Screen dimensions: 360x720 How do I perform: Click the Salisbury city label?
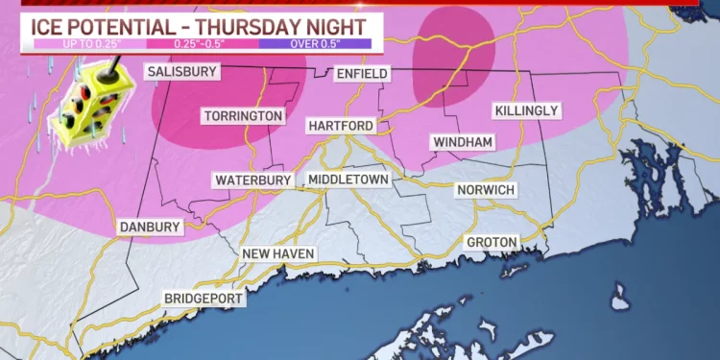tap(181, 71)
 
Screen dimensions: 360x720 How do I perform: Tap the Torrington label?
tap(243, 116)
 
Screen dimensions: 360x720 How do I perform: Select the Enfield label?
tap(362, 74)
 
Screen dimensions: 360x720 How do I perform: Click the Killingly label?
tap(526, 111)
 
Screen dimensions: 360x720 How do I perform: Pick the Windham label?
tap(463, 143)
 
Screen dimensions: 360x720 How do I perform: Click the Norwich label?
tap(485, 190)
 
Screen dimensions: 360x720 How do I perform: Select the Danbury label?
tap(150, 227)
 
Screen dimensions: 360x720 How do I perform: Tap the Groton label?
tap(492, 241)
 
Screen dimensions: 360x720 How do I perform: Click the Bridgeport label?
tap(203, 299)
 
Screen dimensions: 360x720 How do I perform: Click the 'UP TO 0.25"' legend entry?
tap(66, 43)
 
